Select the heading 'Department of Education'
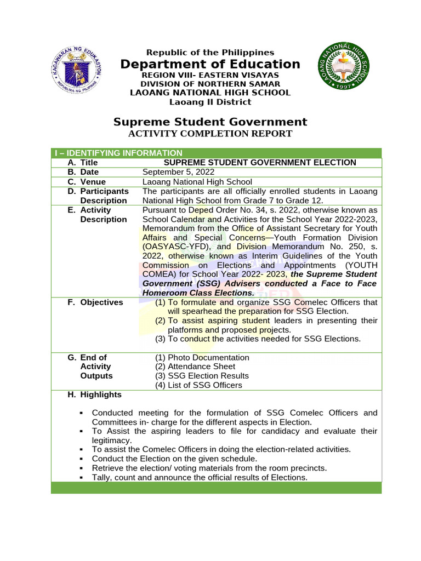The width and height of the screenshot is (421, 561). point(210,64)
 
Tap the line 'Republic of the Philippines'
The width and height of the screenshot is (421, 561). point(210,53)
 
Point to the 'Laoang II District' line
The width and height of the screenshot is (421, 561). point(210,102)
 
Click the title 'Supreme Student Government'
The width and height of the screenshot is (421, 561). point(210,122)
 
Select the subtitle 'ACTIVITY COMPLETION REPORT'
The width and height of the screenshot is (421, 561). point(210,134)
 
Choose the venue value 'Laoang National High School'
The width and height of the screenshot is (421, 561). point(197,182)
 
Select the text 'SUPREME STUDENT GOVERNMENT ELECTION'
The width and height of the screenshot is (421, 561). point(260,163)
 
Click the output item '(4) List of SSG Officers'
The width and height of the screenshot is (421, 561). point(198,385)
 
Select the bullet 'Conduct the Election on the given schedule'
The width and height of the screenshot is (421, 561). point(174,459)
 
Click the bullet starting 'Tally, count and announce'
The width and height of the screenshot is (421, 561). point(200,477)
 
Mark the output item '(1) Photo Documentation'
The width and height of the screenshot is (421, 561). point(202,357)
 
